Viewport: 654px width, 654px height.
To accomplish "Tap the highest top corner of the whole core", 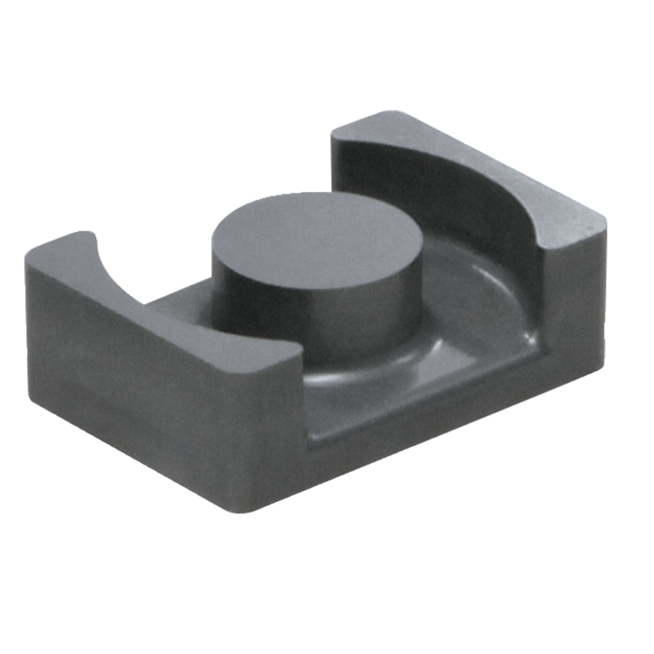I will pos(393,112).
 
